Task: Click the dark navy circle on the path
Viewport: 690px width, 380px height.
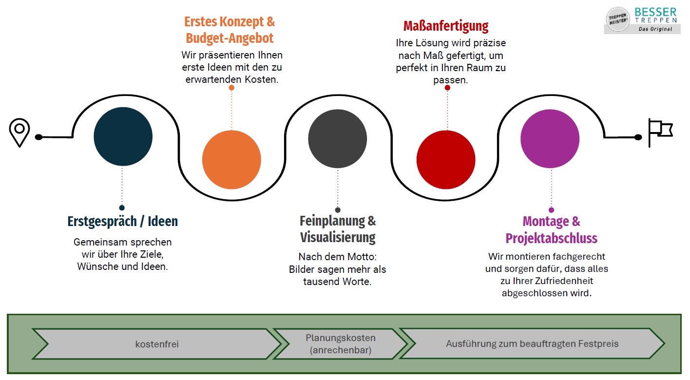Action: pyautogui.click(x=123, y=136)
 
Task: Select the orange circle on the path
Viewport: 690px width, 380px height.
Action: pyautogui.click(x=231, y=160)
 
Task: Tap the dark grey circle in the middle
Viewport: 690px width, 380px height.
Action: pyautogui.click(x=337, y=139)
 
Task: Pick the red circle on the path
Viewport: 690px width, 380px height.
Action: pyautogui.click(x=446, y=160)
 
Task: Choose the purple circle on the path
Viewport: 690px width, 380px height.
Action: pyautogui.click(x=550, y=139)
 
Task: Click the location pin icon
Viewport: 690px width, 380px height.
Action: pyautogui.click(x=19, y=132)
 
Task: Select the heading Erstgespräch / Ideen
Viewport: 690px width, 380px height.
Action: pyautogui.click(x=123, y=221)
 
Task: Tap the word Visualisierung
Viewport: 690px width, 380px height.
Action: pyautogui.click(x=338, y=238)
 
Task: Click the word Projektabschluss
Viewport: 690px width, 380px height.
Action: pyautogui.click(x=551, y=238)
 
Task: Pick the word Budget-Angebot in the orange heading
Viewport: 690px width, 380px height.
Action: pyautogui.click(x=230, y=38)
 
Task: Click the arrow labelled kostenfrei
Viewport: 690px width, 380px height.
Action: pyautogui.click(x=157, y=344)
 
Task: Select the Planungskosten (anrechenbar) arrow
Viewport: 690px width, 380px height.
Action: pyautogui.click(x=340, y=344)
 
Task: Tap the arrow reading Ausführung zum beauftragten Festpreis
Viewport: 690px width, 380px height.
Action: pyautogui.click(x=532, y=344)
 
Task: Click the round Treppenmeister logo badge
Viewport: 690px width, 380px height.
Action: pyautogui.click(x=618, y=19)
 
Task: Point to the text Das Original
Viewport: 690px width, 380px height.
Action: pyautogui.click(x=655, y=29)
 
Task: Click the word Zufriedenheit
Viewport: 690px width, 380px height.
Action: pyautogui.click(x=561, y=281)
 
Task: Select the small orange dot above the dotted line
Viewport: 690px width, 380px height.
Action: pyautogui.click(x=231, y=88)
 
